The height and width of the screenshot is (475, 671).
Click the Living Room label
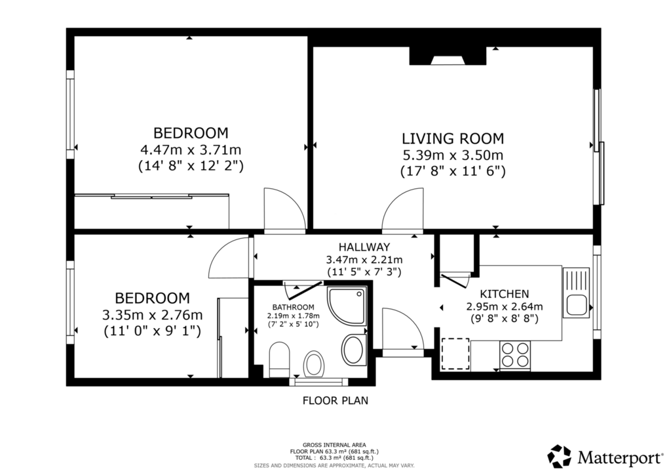tap(453, 139)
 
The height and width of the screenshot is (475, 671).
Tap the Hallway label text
tap(364, 247)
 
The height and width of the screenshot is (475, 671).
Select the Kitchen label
tap(504, 295)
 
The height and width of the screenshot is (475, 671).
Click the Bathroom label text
tap(293, 307)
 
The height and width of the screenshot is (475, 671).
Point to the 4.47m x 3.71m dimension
tap(191, 150)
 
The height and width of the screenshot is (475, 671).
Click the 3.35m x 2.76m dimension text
tap(152, 315)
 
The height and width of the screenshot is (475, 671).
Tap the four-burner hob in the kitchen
tap(515, 355)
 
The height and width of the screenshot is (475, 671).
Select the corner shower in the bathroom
tap(347, 305)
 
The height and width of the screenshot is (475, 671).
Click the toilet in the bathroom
tap(279, 359)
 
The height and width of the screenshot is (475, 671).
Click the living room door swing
tap(403, 209)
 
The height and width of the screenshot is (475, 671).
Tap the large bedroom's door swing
tap(285, 209)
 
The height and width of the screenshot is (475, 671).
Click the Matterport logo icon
tap(560, 457)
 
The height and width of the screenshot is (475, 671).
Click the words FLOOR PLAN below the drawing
tap(335, 401)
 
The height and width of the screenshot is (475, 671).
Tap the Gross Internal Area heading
tap(334, 445)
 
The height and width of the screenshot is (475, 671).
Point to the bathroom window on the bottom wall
tap(318, 381)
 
